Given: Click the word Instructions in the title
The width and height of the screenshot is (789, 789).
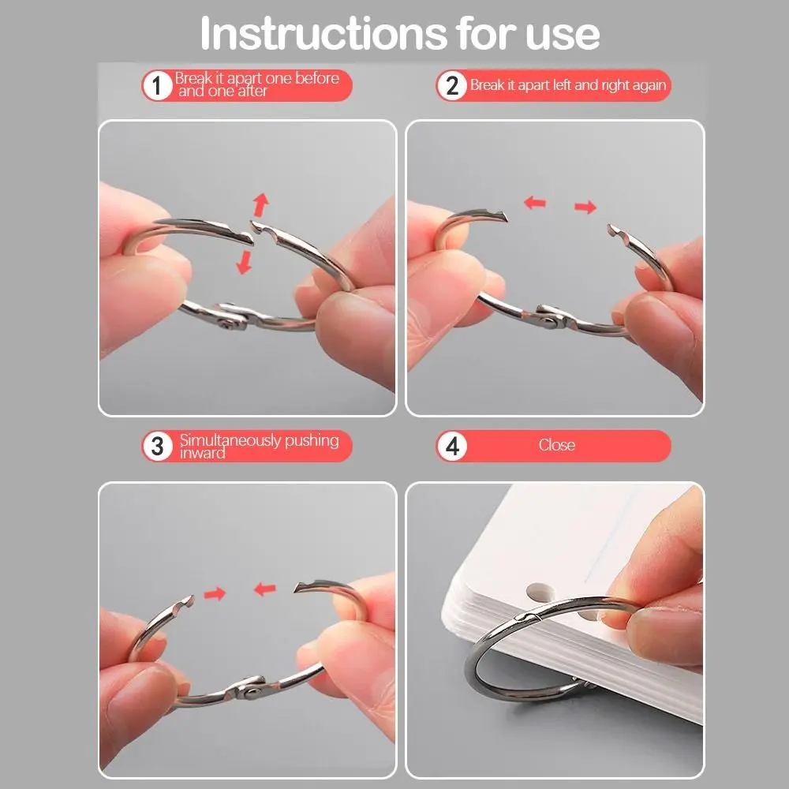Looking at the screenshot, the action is coord(323,33).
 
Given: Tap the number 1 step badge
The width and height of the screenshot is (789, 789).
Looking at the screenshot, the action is coord(158,85).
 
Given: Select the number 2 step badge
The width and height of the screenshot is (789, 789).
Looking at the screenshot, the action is coord(452,85).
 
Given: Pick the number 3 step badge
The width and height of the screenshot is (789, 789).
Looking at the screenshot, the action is coord(158,446).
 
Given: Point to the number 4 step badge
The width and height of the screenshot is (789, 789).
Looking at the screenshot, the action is coord(452,446).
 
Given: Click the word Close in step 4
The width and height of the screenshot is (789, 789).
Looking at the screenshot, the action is coord(556,445).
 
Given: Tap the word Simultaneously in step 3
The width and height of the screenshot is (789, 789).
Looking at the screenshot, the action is coord(230,440).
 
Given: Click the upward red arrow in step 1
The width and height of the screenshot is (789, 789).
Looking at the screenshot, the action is coord(260,205).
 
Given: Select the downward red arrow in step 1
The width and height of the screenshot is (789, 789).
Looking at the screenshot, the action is coord(245,262).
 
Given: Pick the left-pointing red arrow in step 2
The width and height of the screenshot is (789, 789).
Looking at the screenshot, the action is coord(534,203).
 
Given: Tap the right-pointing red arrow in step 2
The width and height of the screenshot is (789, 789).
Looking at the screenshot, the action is coord(585,206).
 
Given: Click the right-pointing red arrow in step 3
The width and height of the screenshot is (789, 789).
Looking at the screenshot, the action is coord(215,594).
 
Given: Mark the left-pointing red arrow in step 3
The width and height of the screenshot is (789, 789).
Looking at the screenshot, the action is coord(264,589).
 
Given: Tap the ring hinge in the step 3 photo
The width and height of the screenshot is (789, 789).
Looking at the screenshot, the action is coord(249,688).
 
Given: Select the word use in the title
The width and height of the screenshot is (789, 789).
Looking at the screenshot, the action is coord(563,36).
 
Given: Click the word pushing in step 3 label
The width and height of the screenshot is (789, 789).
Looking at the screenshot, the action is coord(312,441).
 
